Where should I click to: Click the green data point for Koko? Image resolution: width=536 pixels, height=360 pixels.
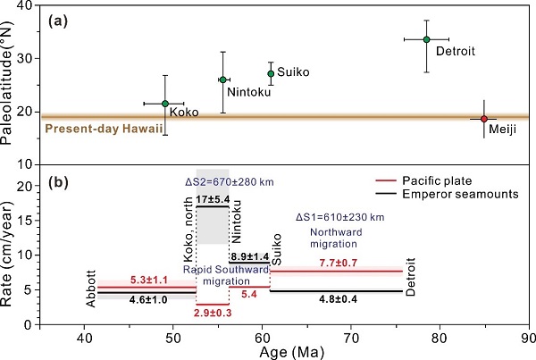coord(165,104)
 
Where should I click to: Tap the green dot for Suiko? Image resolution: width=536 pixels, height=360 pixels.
coord(271,73)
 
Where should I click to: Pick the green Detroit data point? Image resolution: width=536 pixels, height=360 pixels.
coord(426,39)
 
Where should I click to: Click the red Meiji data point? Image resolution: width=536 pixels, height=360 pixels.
coord(484,119)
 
